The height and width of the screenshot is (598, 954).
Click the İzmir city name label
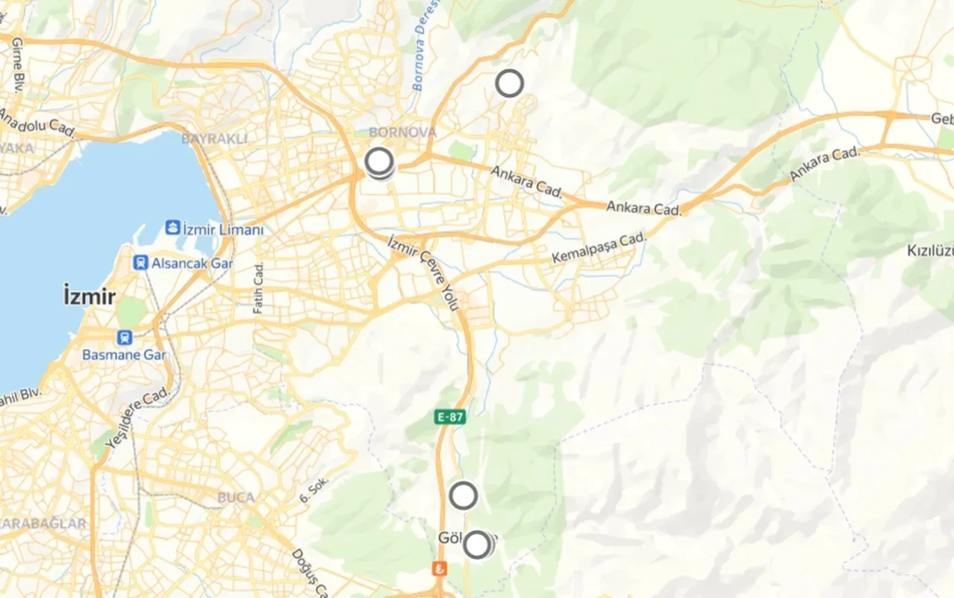[x=89, y=297]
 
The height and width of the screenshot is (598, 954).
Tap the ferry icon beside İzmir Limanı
[x=173, y=227]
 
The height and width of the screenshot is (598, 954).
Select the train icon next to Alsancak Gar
[x=141, y=262]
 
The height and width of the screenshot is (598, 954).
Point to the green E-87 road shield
[x=450, y=416]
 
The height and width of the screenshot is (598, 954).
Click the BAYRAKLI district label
[x=214, y=139]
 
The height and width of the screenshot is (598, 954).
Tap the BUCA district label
[x=236, y=497]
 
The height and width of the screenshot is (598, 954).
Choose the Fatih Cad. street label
[x=259, y=287]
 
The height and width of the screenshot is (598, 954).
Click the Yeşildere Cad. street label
[x=137, y=419]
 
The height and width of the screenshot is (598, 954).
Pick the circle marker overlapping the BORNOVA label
[x=379, y=161]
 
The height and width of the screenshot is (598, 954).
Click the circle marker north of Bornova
[x=509, y=83]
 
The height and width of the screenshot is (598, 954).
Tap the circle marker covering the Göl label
[x=477, y=545]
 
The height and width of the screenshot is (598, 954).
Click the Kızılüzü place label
[x=930, y=250]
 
